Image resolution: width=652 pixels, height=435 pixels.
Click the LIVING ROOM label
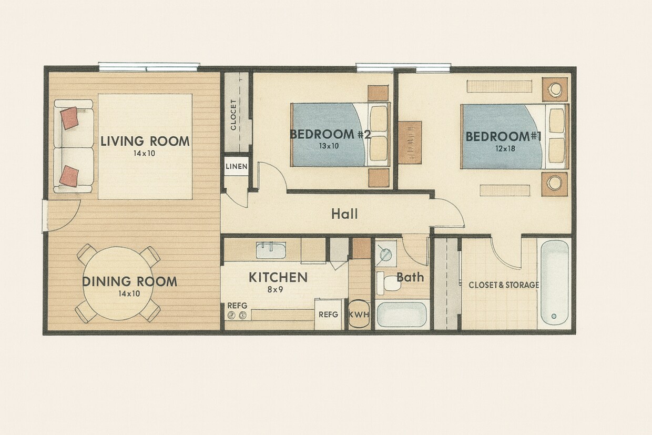point(145,141)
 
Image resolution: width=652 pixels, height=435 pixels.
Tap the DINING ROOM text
point(129,281)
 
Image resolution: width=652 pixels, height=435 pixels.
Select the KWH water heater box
point(359,315)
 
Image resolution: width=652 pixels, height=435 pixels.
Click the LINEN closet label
point(236,167)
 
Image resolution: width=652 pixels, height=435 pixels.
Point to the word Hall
point(344,214)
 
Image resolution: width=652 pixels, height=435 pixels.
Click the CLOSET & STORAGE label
point(504,285)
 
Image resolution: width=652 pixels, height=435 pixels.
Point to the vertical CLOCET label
point(233,115)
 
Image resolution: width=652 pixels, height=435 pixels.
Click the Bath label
point(410,277)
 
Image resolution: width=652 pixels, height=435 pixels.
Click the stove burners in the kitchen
point(236,315)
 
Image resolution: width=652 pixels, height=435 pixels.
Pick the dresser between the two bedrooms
point(410,142)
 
